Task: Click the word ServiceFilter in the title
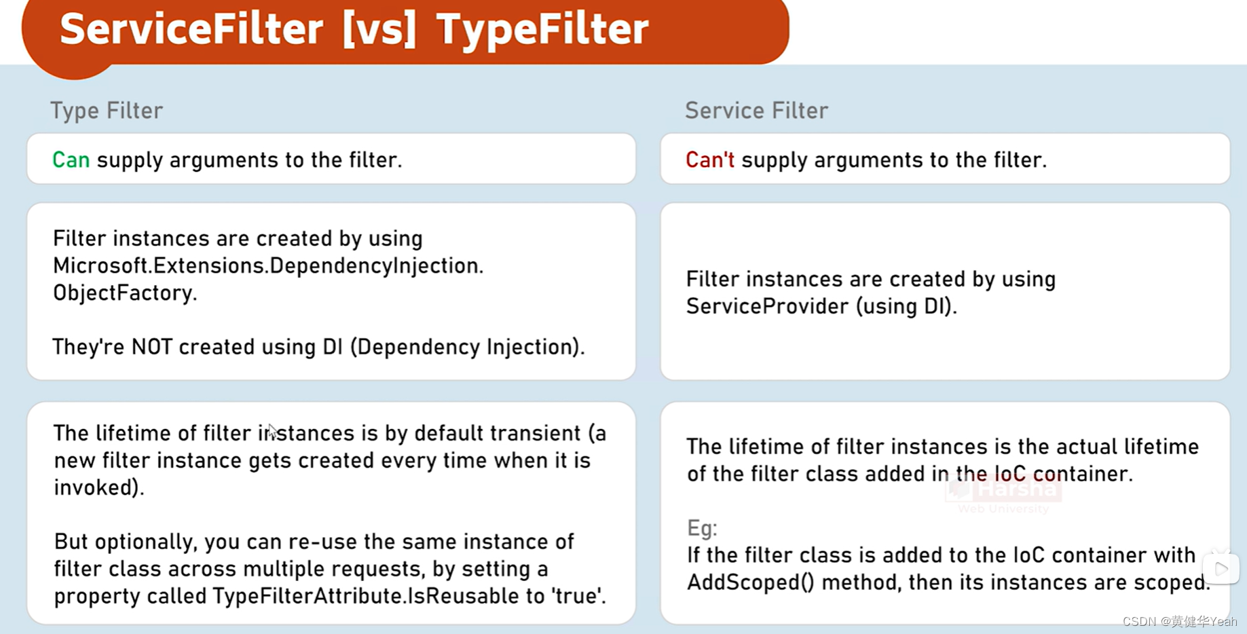191,30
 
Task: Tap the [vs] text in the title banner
379,30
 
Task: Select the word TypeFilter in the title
542,30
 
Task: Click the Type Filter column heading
107,110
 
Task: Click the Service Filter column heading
756,110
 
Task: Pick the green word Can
71,160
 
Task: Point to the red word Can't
709,160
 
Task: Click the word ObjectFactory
124,293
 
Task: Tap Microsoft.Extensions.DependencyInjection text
267,266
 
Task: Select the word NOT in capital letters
152,347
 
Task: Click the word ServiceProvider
767,307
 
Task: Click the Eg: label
702,528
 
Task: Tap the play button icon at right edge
1221,569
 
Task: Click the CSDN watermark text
1179,621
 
